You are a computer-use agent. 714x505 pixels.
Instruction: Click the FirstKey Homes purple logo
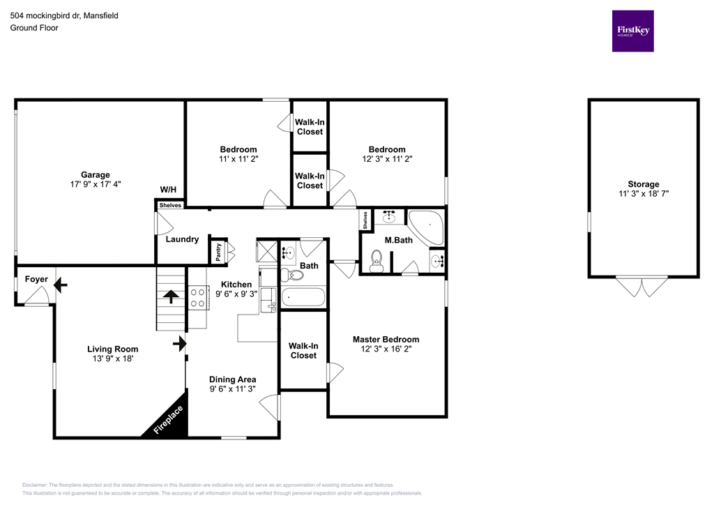pos(632,31)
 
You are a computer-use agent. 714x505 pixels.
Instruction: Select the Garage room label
pos(95,175)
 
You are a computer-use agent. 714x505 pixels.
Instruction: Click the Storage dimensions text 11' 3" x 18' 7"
pos(643,194)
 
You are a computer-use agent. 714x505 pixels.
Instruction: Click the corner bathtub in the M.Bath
pos(425,227)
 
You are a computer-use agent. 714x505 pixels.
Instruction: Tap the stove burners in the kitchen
pos(197,299)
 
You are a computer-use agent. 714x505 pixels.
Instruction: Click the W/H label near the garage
pos(168,190)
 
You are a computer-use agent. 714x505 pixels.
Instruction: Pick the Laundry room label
pos(182,239)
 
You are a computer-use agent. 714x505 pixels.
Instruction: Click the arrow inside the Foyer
pos(59,285)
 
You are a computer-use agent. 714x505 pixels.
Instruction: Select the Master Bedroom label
pos(386,340)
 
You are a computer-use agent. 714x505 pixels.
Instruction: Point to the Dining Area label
pos(233,379)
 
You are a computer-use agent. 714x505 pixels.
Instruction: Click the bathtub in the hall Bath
pos(303,298)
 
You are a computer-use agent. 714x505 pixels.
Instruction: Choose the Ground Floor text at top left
pos(33,28)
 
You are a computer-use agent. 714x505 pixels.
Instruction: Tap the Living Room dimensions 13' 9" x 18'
pos(112,359)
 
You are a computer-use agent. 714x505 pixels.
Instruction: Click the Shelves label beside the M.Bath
pos(365,220)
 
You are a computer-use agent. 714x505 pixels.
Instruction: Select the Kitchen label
pos(236,285)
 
